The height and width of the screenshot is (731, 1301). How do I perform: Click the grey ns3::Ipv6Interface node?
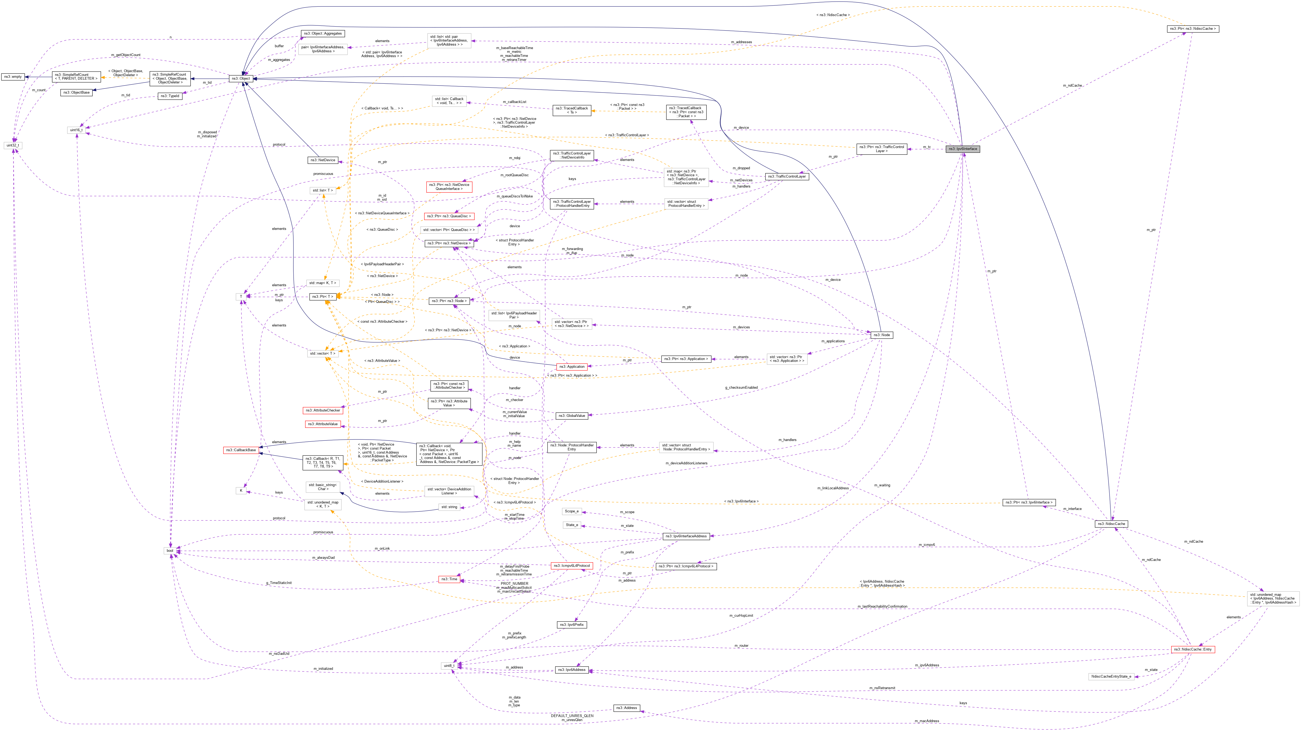click(963, 149)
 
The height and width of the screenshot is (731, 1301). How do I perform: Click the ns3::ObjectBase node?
click(76, 93)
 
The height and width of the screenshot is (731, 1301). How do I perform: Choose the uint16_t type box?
click(76, 130)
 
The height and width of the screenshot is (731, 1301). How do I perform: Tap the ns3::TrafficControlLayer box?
click(786, 176)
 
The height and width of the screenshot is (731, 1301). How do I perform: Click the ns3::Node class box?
click(881, 335)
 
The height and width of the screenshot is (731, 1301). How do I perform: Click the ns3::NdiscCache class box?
click(1111, 524)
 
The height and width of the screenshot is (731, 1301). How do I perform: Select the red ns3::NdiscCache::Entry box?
click(1192, 649)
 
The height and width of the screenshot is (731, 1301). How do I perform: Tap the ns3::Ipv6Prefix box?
click(572, 625)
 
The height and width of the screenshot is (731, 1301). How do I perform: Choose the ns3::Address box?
click(626, 708)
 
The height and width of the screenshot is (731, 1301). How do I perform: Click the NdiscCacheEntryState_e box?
click(1111, 677)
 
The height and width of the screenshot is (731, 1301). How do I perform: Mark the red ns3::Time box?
click(449, 579)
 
